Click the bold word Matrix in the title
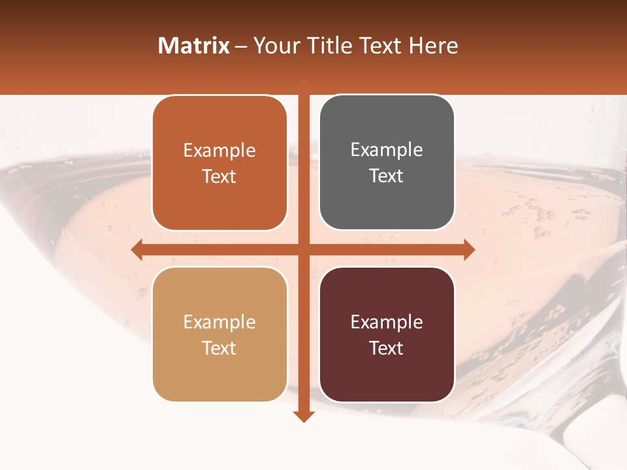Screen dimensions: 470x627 click(194, 46)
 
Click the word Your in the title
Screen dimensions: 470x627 click(274, 46)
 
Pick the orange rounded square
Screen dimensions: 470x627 click(219, 163)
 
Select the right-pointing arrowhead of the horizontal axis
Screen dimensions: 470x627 click(468, 249)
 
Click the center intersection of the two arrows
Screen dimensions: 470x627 click(303, 249)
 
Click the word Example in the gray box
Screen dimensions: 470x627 click(387, 150)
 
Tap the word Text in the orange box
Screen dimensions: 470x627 click(219, 176)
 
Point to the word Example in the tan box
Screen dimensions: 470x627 click(219, 322)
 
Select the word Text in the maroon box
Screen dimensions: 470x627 click(387, 348)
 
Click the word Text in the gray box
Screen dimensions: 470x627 click(387, 176)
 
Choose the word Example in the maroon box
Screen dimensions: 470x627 click(387, 322)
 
